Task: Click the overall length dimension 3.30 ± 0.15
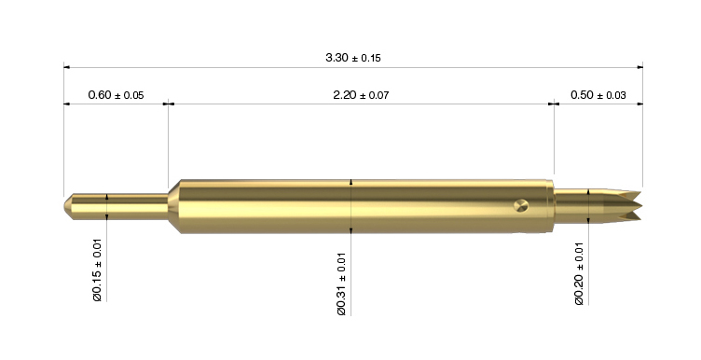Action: click(x=353, y=58)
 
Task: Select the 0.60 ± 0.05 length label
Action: click(x=116, y=95)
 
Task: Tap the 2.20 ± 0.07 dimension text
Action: click(x=361, y=95)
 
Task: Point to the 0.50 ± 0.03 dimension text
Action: click(x=598, y=95)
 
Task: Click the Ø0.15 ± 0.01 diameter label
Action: click(x=98, y=270)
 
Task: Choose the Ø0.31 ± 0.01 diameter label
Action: click(x=341, y=284)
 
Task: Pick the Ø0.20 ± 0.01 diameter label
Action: click(x=579, y=273)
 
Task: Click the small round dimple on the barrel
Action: click(x=521, y=206)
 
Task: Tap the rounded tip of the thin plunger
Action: click(x=68, y=206)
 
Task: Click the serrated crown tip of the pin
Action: click(x=629, y=206)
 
